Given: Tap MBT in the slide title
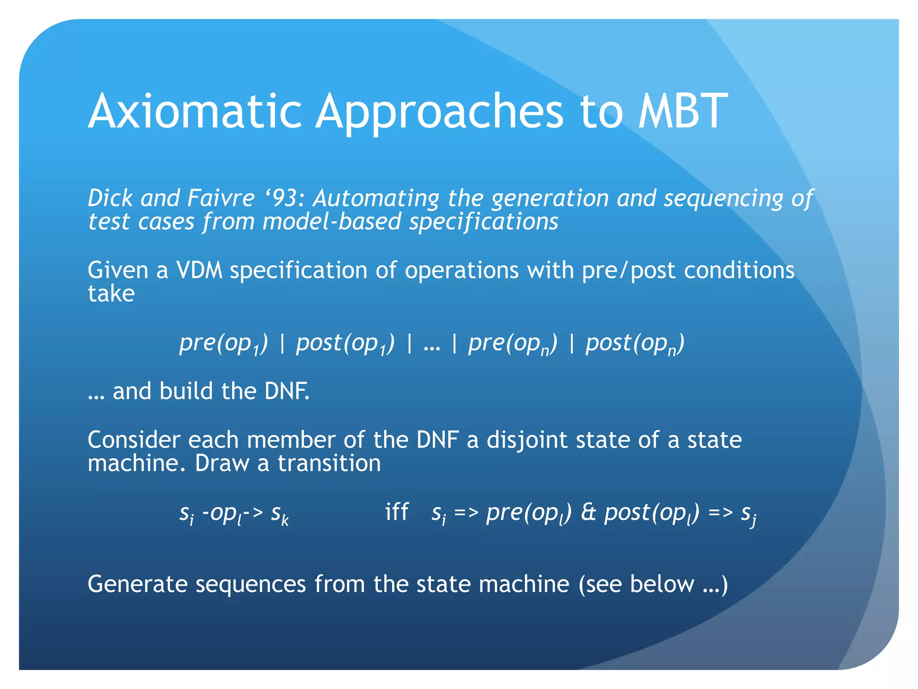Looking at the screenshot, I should click(683, 111).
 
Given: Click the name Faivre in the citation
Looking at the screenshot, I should click(221, 198).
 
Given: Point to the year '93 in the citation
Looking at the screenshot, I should click(285, 198).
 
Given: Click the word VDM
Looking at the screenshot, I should click(199, 270).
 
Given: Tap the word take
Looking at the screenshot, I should click(111, 294).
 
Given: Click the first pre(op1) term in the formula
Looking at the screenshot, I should click(223, 344).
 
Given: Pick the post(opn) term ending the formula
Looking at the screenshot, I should click(635, 344).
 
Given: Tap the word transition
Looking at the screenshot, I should click(329, 463).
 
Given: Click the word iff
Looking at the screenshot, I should click(397, 512).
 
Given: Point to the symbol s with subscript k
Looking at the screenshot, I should click(279, 514).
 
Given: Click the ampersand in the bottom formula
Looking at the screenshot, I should click(588, 513).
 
